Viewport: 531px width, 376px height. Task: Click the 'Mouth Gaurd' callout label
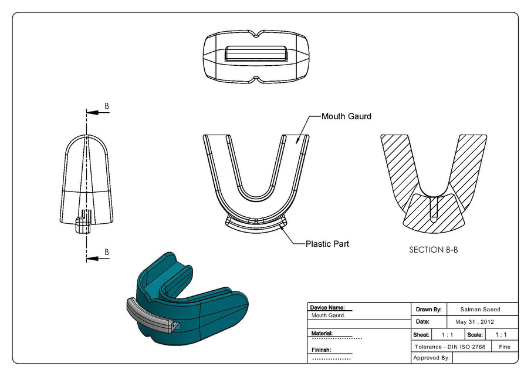click(346, 116)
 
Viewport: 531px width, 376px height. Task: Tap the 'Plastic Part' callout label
click(327, 243)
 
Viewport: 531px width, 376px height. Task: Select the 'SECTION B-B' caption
click(433, 250)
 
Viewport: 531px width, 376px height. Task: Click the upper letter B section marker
click(106, 106)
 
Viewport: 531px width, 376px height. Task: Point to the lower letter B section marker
click(106, 251)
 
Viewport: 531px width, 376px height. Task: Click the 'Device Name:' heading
click(327, 307)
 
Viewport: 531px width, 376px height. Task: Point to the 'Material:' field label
click(322, 333)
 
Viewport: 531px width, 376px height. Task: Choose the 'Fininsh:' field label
click(321, 350)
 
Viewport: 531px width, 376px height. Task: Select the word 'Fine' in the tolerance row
click(505, 347)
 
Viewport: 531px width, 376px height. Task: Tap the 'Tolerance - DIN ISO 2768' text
click(449, 347)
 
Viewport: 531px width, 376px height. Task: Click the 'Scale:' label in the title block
click(475, 334)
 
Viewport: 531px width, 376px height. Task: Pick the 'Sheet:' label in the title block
click(421, 334)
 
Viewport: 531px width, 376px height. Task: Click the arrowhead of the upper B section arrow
click(90, 113)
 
